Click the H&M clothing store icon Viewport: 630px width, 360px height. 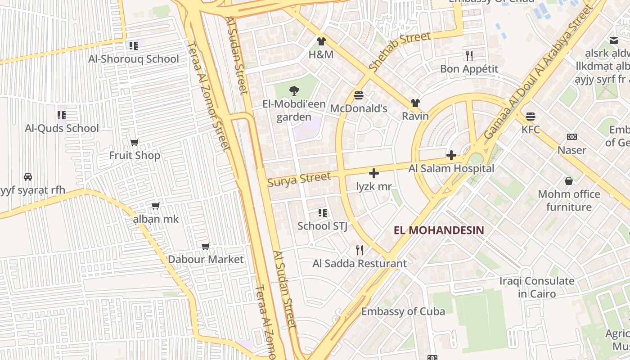[x=321, y=42]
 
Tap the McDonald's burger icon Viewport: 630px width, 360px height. [x=359, y=95]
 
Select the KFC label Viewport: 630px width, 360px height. [x=531, y=130]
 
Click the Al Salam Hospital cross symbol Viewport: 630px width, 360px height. [x=451, y=156]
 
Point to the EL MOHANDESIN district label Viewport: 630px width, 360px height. [x=439, y=230]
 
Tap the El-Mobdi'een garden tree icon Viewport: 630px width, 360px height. [x=294, y=91]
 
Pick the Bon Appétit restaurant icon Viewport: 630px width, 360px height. [x=469, y=56]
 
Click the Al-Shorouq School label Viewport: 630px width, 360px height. [x=134, y=59]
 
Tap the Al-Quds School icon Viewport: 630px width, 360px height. [x=62, y=115]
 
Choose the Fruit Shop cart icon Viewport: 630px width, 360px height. [x=134, y=143]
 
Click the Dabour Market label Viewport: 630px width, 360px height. [x=206, y=259]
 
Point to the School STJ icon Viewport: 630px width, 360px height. [x=322, y=213]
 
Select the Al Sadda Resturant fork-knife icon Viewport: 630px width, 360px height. [x=359, y=250]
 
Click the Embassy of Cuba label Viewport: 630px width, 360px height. [x=403, y=311]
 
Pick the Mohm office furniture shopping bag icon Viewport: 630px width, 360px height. [x=569, y=181]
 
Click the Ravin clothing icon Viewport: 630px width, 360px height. [x=415, y=103]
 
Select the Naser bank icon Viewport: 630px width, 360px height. [x=571, y=137]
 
